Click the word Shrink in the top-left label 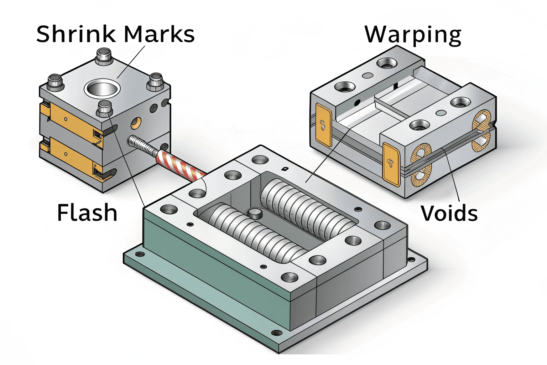click(x=76, y=34)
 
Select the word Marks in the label click(x=159, y=34)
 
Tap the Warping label click(x=413, y=35)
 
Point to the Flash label click(x=87, y=213)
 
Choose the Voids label click(x=449, y=214)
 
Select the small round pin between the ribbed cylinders click(x=255, y=214)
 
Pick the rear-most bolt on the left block click(x=104, y=57)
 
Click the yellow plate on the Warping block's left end click(x=323, y=125)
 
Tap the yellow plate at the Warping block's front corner click(x=391, y=164)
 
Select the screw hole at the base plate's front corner click(x=276, y=333)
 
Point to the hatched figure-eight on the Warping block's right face click(x=481, y=130)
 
